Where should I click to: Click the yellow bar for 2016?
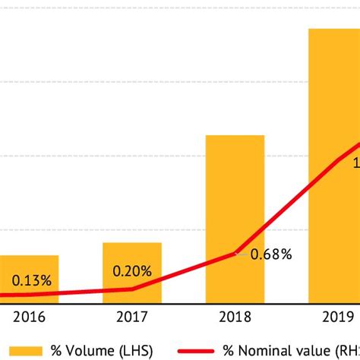pyautogui.click(x=29, y=278)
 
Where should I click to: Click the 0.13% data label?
pyautogui.click(x=31, y=280)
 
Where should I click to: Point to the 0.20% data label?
pyautogui.click(x=132, y=270)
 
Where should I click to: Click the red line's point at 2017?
pyautogui.click(x=132, y=289)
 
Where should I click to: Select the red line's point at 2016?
pyautogui.click(x=30, y=294)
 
